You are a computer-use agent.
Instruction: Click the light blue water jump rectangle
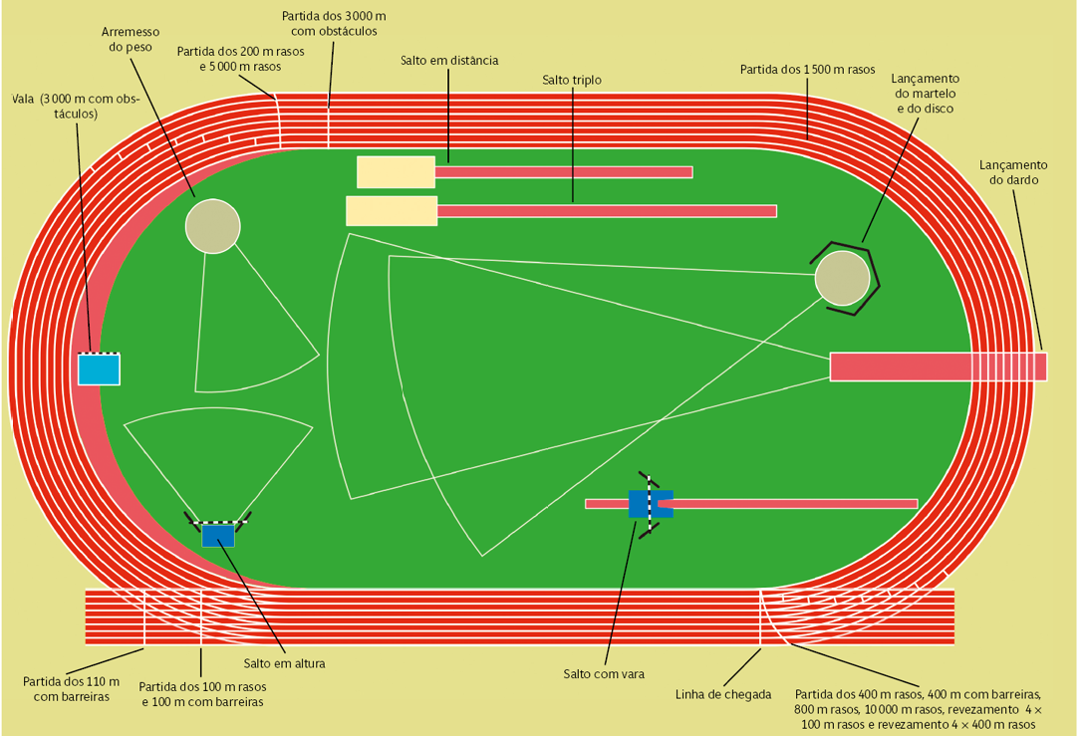point(99,369)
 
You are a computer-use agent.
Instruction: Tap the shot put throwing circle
point(212,226)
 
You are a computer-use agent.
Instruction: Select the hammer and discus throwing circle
point(842,278)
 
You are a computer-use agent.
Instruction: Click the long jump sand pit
point(396,171)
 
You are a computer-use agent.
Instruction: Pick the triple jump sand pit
point(391,211)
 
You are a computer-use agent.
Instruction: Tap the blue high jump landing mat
point(218,536)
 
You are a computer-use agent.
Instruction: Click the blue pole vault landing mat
point(650,504)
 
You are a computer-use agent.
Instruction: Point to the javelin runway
point(937,367)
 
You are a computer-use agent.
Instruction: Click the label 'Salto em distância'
point(448,60)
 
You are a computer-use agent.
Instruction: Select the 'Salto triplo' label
point(572,79)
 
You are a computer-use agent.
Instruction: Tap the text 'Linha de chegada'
point(723,694)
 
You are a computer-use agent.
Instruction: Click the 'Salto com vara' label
point(604,674)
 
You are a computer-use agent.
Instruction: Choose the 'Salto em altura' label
point(284,663)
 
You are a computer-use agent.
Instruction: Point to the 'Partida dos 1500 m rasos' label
point(807,70)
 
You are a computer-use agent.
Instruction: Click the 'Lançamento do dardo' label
point(1013,172)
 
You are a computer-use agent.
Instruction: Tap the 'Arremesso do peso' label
point(132,39)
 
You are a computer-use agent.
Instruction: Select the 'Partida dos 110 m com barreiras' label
point(71,689)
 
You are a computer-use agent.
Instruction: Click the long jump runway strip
point(563,172)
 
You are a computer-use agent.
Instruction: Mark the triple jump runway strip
point(606,211)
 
